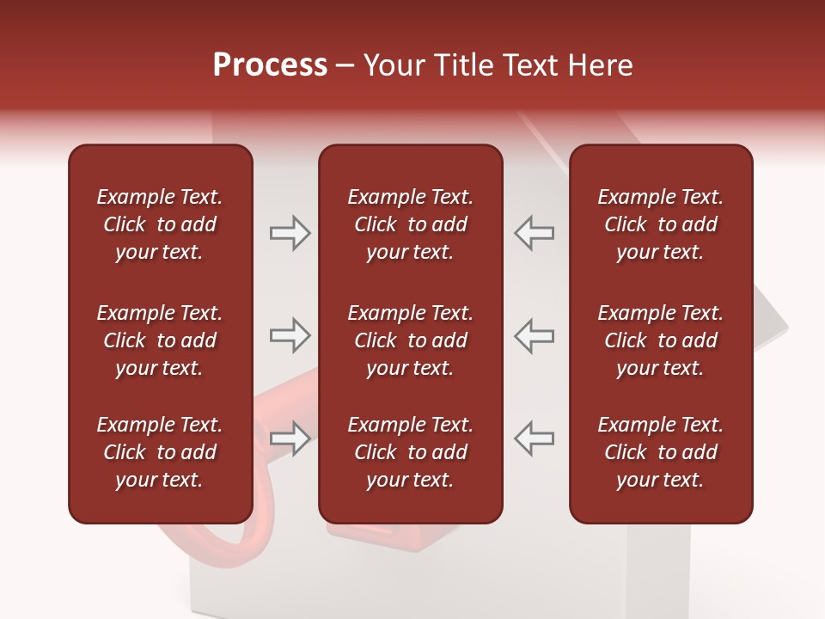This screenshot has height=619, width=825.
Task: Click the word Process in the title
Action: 270,65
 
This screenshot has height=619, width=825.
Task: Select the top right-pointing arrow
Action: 290,233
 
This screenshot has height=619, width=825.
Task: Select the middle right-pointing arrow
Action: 290,335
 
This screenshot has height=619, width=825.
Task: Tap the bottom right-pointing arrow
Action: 290,438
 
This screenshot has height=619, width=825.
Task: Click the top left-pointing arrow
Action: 534,233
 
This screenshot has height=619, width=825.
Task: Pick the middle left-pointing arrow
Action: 534,335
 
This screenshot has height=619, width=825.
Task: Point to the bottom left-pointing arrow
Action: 534,438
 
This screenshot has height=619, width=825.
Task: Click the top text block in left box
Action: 160,224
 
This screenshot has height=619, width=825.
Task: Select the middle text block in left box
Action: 160,340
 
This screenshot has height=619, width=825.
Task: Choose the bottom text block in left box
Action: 160,452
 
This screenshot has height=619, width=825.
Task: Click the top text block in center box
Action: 410,224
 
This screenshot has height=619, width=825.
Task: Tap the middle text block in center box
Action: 410,340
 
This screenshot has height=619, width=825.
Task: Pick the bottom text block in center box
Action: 410,452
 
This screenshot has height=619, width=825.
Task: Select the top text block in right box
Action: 660,224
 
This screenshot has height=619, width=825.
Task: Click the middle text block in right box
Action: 660,340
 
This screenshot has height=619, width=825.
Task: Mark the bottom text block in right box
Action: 660,452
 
